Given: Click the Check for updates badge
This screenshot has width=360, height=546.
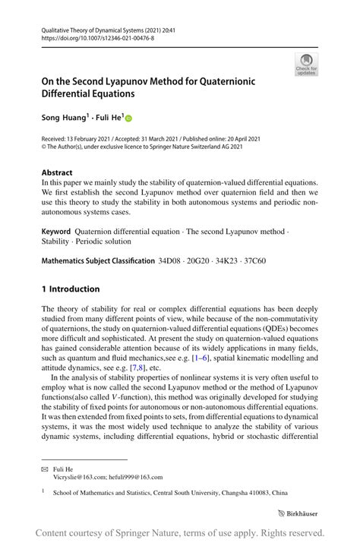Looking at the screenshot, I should click(x=305, y=64).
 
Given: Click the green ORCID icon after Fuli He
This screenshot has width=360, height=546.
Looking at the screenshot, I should click(x=128, y=118).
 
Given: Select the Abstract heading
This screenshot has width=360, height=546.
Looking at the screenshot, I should click(x=57, y=172).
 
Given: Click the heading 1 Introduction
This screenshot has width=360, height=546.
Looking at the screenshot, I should click(x=71, y=289).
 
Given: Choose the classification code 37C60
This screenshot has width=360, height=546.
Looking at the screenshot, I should click(x=250, y=260).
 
